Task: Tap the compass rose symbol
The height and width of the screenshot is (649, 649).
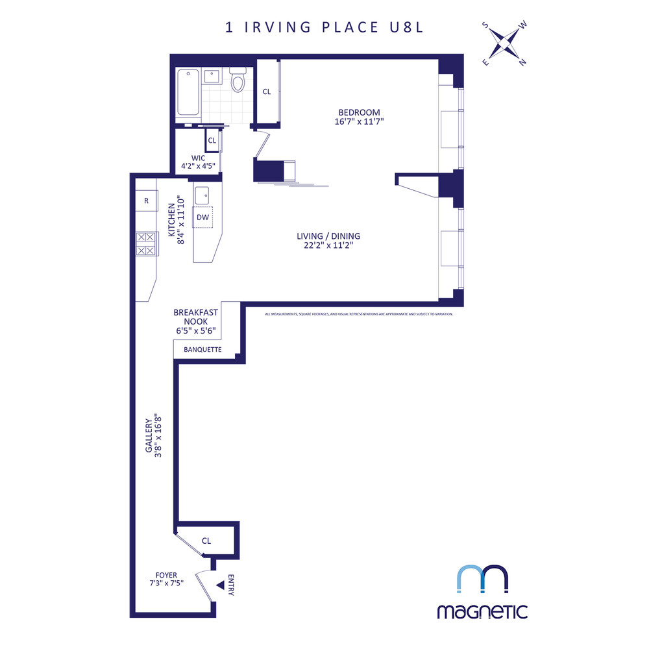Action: [504, 44]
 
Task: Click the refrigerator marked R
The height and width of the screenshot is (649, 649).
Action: [147, 201]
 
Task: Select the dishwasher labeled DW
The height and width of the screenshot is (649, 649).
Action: [203, 217]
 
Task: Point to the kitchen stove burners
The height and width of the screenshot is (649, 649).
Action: [145, 244]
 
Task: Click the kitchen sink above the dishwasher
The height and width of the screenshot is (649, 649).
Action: [203, 193]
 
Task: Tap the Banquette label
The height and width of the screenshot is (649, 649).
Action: [202, 350]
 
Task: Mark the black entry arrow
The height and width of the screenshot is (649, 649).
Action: [220, 585]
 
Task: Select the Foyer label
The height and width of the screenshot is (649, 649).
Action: [165, 575]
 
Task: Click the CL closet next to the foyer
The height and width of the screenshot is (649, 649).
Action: [206, 541]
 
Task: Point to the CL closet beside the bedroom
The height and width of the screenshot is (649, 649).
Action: [267, 92]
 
